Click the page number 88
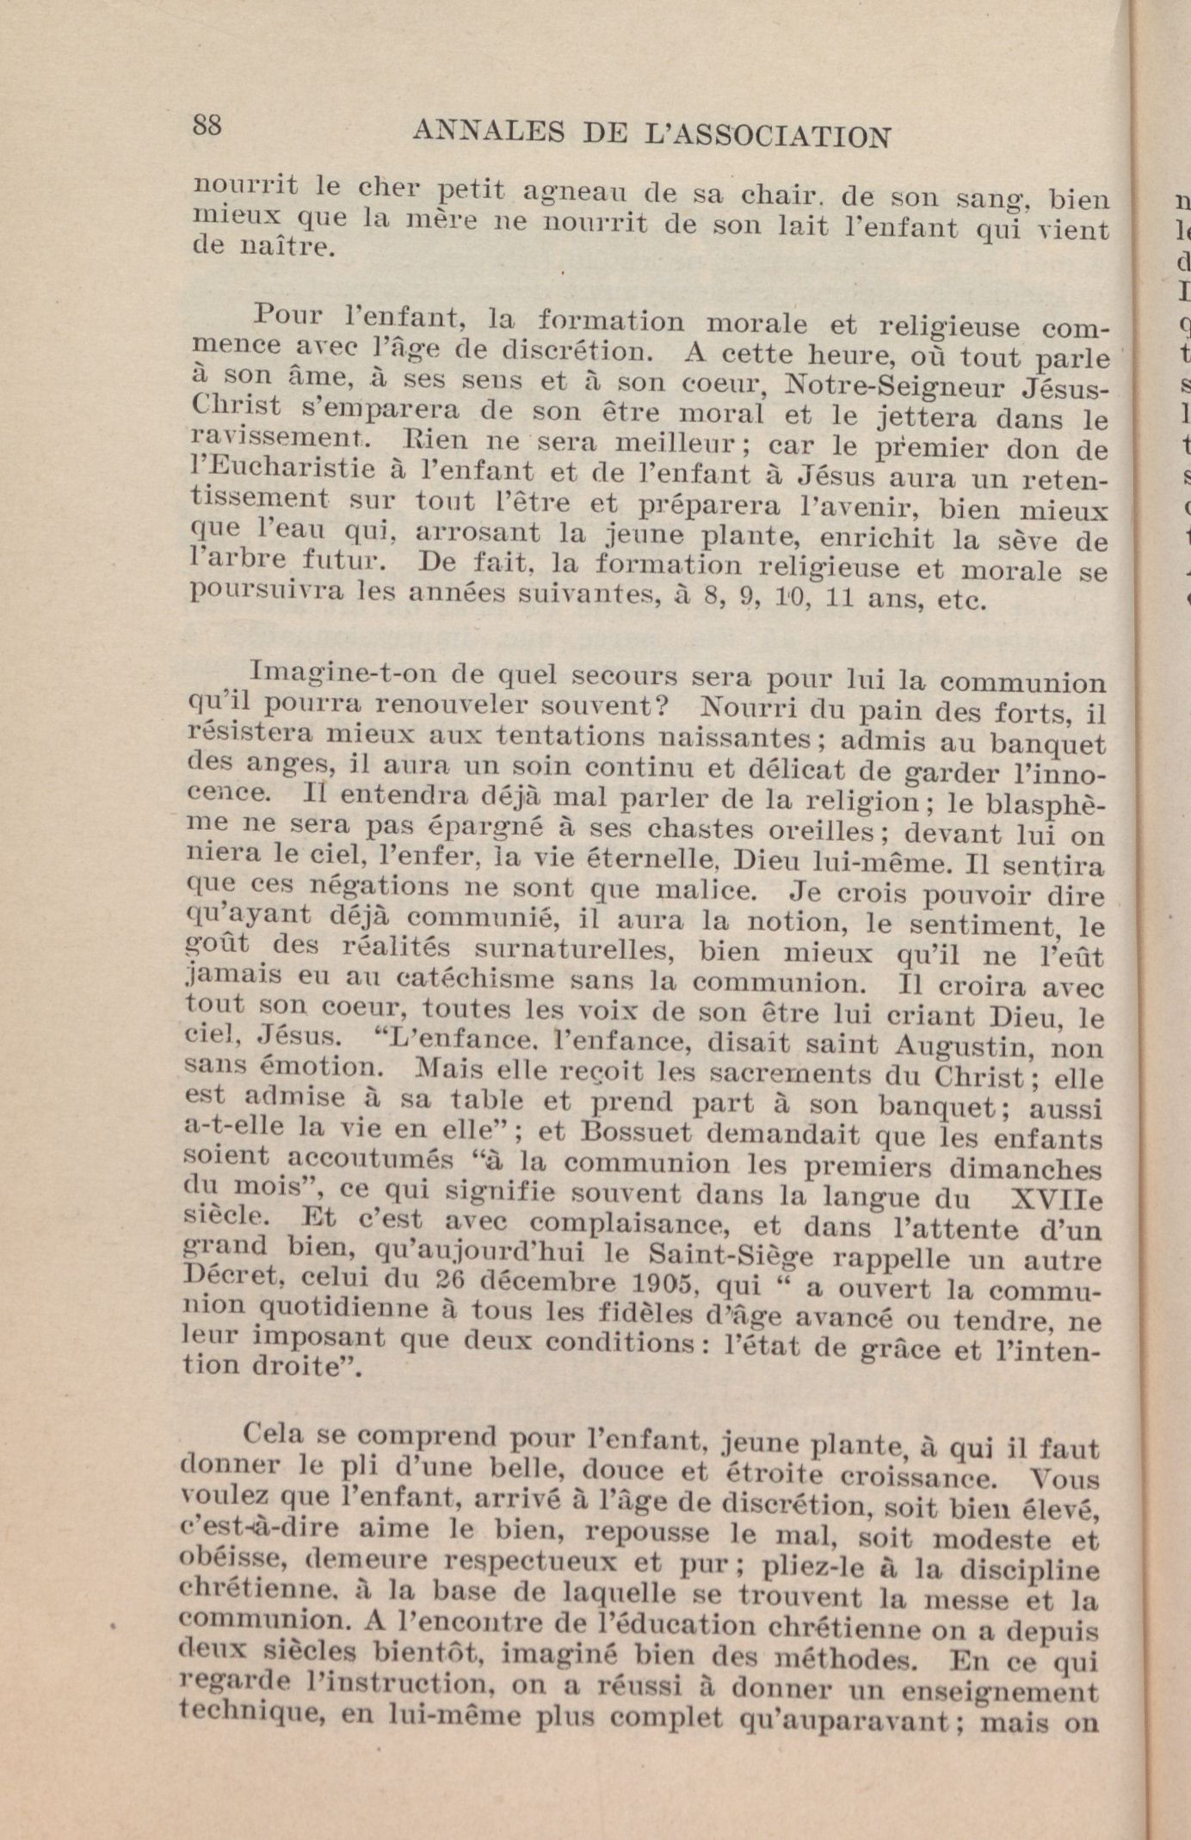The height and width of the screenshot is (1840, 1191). (x=207, y=126)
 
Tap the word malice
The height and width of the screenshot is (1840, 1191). (x=699, y=889)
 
